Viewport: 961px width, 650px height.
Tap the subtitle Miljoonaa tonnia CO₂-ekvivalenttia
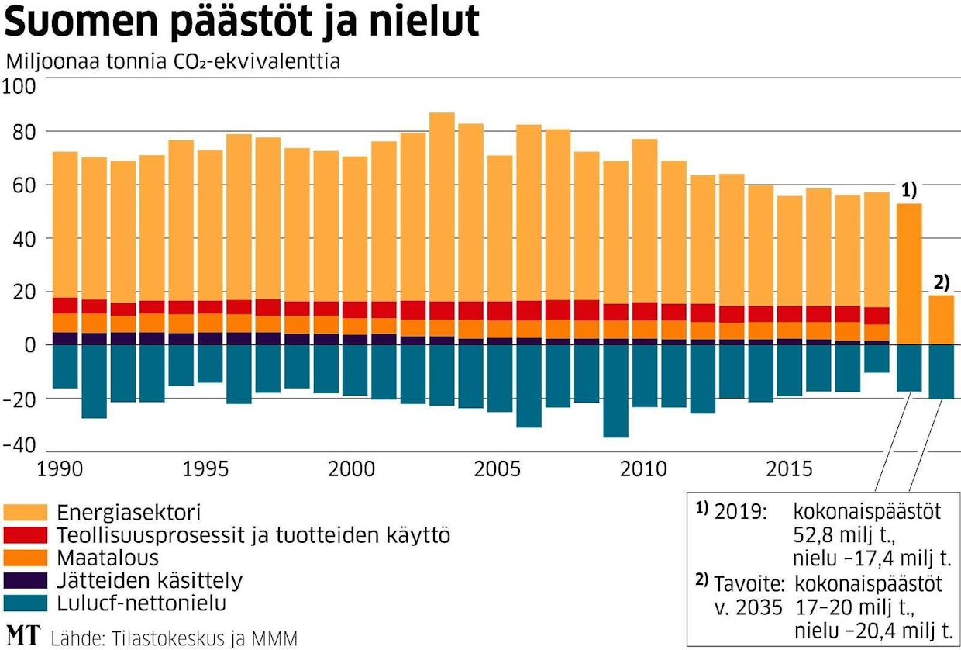pos(172,61)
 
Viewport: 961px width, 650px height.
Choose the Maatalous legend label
pos(108,558)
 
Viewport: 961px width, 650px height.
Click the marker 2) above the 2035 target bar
pos(939,282)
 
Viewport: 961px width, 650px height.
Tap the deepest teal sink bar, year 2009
pos(616,391)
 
